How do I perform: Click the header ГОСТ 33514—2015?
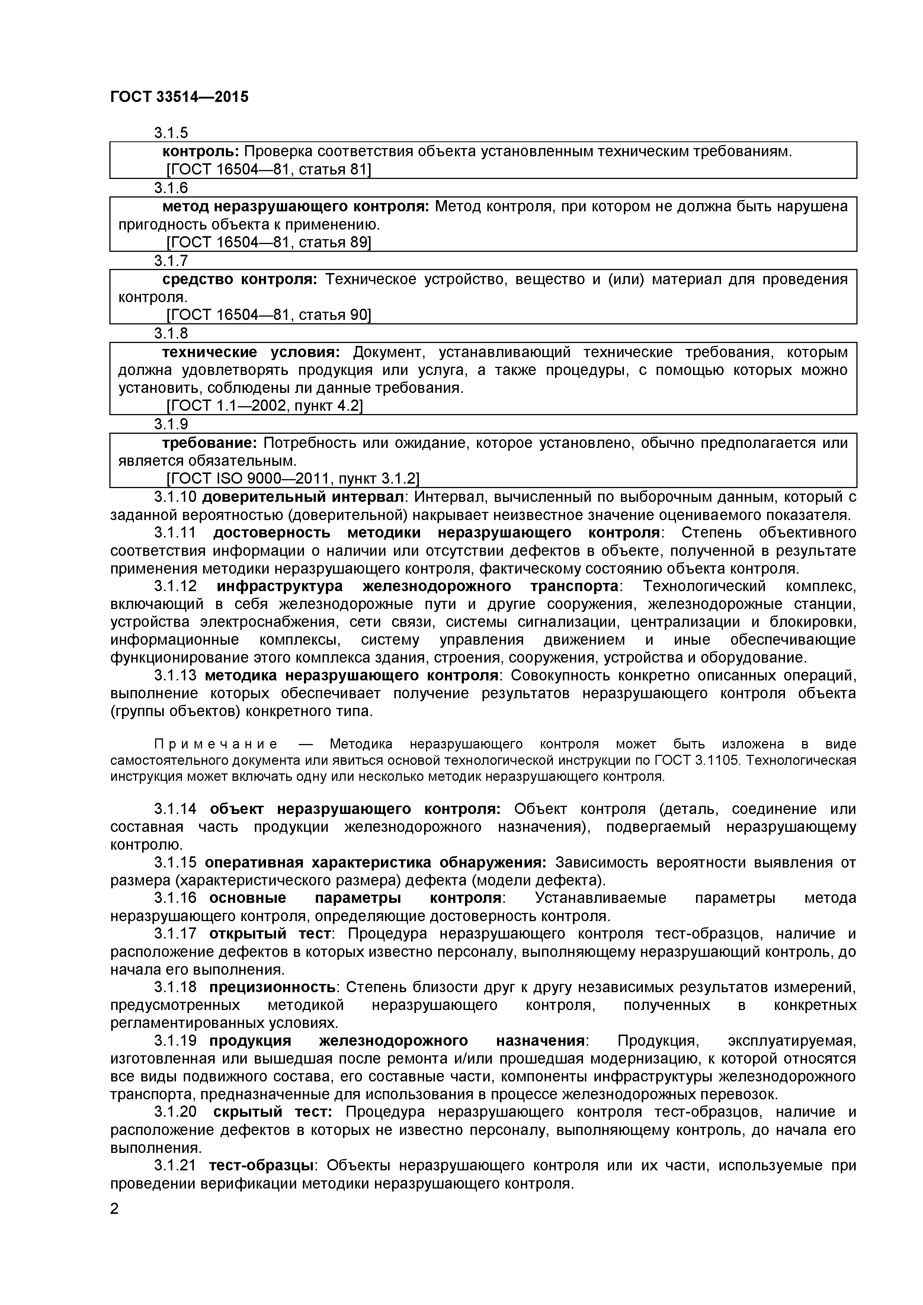tap(179, 97)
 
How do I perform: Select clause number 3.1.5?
tap(170, 133)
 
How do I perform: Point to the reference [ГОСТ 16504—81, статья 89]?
tap(268, 243)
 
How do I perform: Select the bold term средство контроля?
tap(240, 279)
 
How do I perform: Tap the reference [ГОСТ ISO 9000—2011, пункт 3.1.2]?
tap(293, 478)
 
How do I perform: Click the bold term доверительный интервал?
tap(303, 497)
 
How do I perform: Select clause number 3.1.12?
tap(175, 586)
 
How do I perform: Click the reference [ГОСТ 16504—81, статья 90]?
tap(268, 315)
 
